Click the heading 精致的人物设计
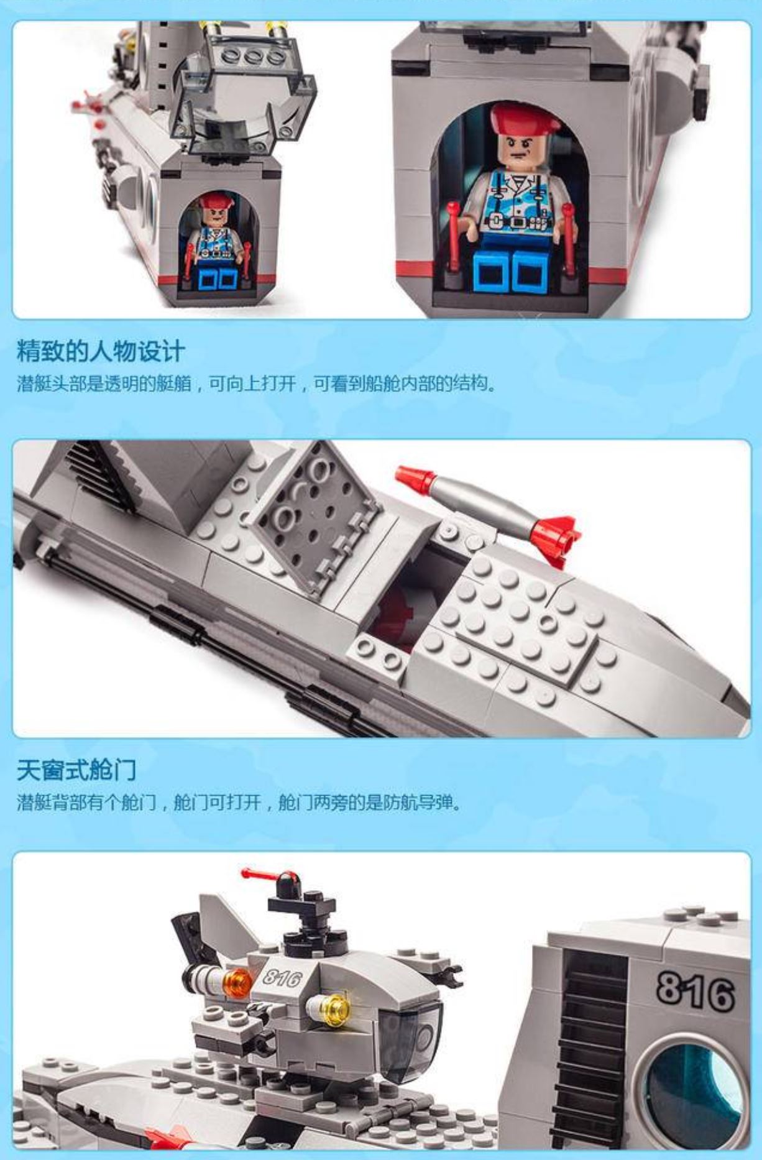coord(101,352)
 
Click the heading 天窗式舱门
coord(76,770)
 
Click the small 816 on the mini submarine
coord(283,978)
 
